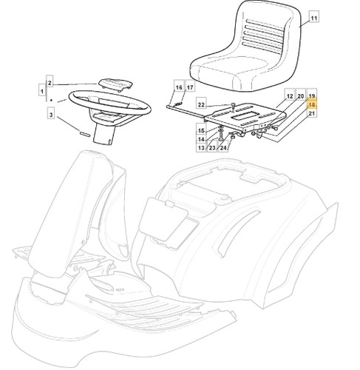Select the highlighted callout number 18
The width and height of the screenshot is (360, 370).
312,104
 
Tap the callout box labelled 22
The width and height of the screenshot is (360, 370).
201,104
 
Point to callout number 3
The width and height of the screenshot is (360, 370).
51,114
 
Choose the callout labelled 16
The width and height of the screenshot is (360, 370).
179,87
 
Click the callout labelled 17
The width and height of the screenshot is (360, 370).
190,87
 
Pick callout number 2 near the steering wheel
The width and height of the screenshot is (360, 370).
50,83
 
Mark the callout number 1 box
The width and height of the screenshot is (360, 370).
42,91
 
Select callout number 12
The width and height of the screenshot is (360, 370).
290,95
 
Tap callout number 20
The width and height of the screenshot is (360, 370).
301,95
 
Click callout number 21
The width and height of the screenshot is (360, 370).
312,113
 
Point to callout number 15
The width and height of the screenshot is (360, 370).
201,130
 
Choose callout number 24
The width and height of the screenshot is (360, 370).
223,147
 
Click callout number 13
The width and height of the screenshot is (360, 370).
201,147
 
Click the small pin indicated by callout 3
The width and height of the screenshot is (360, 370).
85,133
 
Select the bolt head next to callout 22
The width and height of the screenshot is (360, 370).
233,106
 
